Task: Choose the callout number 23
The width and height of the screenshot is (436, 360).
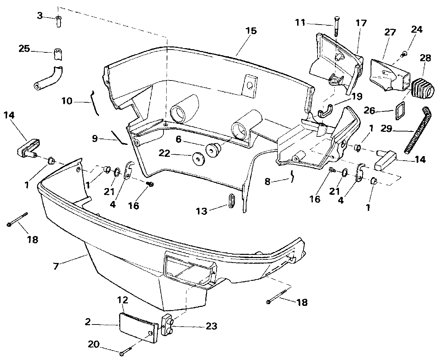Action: point(212,326)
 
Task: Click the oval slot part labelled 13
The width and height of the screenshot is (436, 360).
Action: point(231,201)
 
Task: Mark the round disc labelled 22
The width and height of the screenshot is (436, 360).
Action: point(199,159)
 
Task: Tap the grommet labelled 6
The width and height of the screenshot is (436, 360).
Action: point(212,150)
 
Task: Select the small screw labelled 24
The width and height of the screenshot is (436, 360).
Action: point(404,54)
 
